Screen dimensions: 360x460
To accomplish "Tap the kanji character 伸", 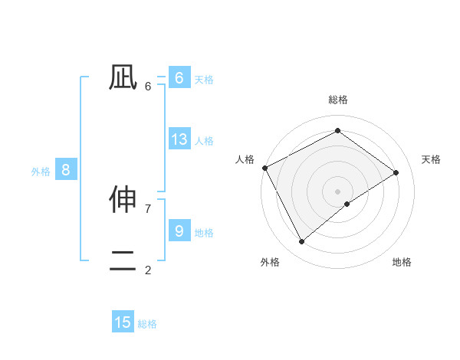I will pyautogui.click(x=123, y=200).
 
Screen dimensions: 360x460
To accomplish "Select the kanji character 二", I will pyautogui.click(x=123, y=261).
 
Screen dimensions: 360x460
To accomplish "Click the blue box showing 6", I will pyautogui.click(x=179, y=78).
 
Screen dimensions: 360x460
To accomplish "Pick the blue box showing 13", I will pyautogui.click(x=179, y=139).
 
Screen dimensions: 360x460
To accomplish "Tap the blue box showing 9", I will pyautogui.click(x=179, y=231).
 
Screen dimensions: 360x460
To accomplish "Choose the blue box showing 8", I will pyautogui.click(x=65, y=170).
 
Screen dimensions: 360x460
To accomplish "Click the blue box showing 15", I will pyautogui.click(x=123, y=322).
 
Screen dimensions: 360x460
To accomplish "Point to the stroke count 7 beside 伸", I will pyautogui.click(x=148, y=208).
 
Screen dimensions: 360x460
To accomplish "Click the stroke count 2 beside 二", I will pyautogui.click(x=148, y=270).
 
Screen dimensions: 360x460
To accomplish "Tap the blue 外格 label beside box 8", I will pyautogui.click(x=41, y=172).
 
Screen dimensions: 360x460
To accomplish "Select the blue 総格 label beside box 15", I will pyautogui.click(x=147, y=324).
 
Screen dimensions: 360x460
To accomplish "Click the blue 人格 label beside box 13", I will pyautogui.click(x=204, y=141).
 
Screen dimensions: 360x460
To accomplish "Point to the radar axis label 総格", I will pyautogui.click(x=337, y=100).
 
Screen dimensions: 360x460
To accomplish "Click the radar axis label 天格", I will pyautogui.click(x=431, y=159).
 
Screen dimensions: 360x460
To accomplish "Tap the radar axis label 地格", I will pyautogui.click(x=402, y=262).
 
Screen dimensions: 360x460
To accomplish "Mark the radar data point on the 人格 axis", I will pyautogui.click(x=264, y=168).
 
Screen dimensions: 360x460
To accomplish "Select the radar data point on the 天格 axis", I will pyautogui.click(x=396, y=172).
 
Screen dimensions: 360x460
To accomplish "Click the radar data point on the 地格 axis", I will pyautogui.click(x=347, y=204).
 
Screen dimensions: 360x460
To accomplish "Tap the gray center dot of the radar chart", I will pyautogui.click(x=337, y=191).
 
